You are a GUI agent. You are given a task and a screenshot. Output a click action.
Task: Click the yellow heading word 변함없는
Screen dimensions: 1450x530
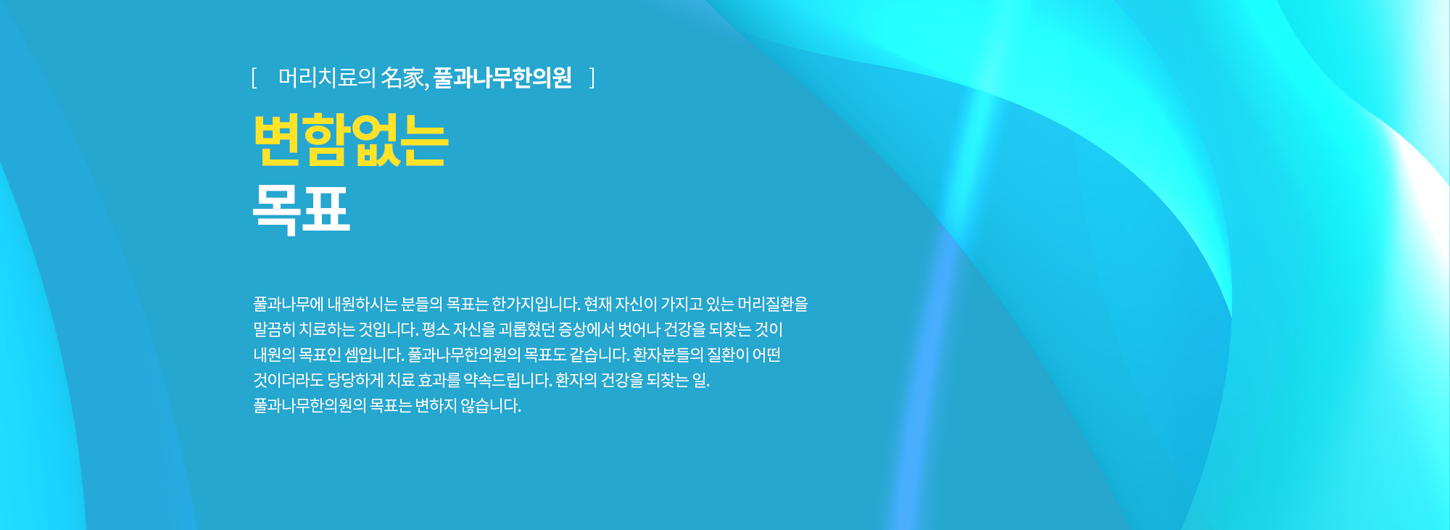[351, 140]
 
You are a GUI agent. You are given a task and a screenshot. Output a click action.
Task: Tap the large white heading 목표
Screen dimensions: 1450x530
[302, 210]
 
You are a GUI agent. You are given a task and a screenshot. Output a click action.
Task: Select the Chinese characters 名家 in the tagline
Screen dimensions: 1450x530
[402, 78]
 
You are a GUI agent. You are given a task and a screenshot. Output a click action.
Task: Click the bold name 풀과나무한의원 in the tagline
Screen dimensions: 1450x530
[502, 78]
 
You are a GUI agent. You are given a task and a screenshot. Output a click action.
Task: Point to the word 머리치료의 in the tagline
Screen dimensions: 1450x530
[326, 78]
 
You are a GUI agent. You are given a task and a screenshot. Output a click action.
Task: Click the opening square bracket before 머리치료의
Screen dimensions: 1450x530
[254, 78]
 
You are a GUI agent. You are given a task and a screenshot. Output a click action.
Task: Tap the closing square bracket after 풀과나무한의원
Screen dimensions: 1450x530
[592, 78]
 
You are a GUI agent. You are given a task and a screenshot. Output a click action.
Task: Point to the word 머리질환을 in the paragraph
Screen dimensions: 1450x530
[773, 304]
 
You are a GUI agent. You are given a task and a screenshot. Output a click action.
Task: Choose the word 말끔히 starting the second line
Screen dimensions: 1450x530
[273, 329]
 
